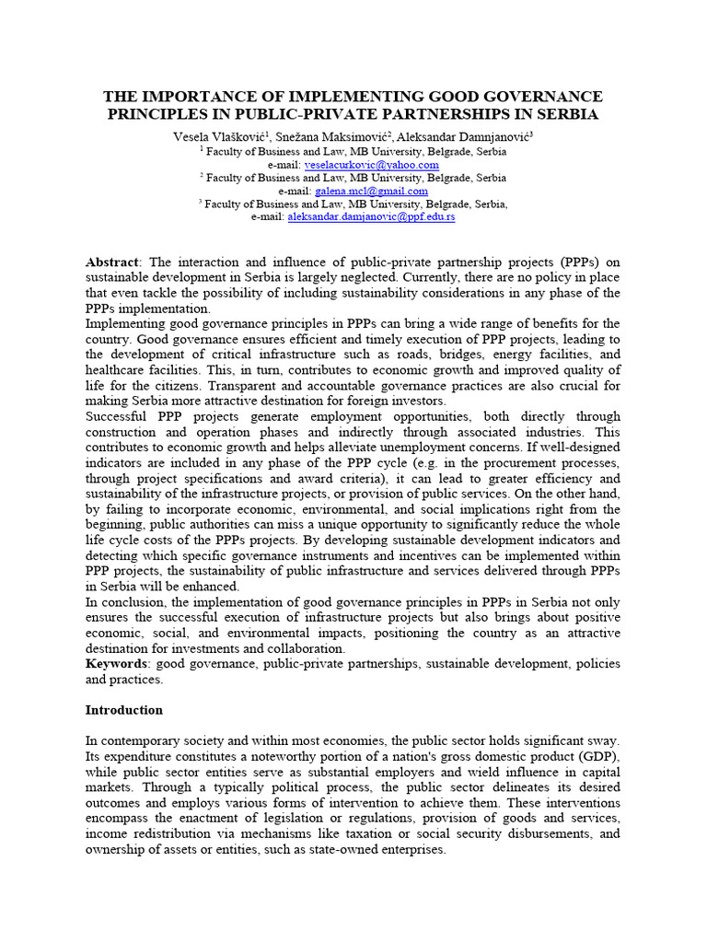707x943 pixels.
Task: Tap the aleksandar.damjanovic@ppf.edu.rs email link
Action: (371, 217)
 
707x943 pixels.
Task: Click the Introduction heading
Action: (124, 710)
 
